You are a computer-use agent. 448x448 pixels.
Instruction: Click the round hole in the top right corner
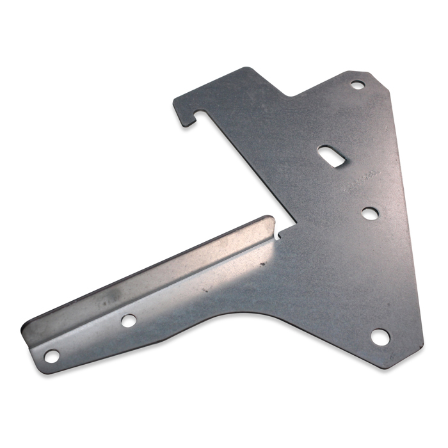(x=357, y=84)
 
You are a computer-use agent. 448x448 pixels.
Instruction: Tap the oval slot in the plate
(x=330, y=156)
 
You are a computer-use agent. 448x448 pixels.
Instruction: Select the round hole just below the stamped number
(x=369, y=213)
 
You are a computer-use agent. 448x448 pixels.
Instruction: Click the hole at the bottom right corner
(x=381, y=337)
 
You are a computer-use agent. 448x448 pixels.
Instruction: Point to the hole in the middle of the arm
(x=129, y=320)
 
